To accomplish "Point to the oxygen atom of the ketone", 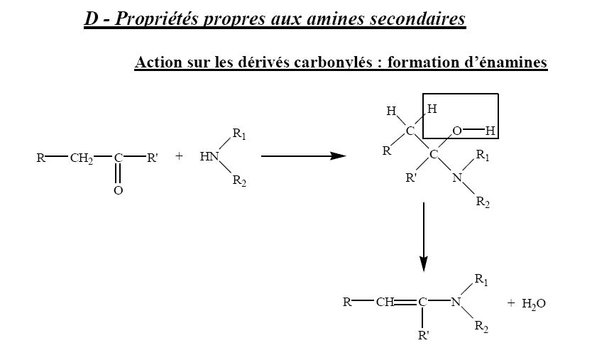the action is (x=119, y=191).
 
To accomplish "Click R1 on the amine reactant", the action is (x=239, y=135).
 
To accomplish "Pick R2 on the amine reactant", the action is (x=239, y=181).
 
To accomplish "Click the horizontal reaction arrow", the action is (x=302, y=157).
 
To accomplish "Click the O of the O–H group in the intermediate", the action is (x=457, y=131).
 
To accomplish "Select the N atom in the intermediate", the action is (x=456, y=178).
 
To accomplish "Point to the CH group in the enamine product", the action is (x=385, y=302).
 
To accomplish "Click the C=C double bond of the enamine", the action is (x=406, y=302).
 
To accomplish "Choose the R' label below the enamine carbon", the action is (x=424, y=335).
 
